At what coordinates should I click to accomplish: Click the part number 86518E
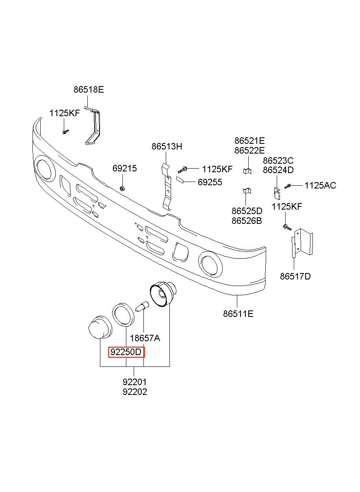click(x=89, y=90)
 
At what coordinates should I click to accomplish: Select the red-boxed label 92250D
click(x=126, y=352)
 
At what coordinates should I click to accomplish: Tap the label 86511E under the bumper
click(x=238, y=313)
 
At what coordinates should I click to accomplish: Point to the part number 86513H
click(x=167, y=147)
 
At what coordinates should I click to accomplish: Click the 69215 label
click(x=125, y=169)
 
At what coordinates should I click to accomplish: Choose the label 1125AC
click(x=320, y=186)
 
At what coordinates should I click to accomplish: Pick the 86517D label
click(x=295, y=277)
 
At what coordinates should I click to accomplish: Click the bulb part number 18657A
click(x=145, y=338)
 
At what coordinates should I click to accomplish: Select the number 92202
click(x=134, y=392)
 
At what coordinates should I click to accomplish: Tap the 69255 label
click(x=210, y=182)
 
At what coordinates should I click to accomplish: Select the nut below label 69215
click(x=122, y=188)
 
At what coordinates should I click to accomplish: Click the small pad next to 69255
click(x=181, y=180)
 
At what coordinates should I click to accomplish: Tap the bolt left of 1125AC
click(x=288, y=186)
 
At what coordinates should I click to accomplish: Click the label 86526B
click(x=247, y=221)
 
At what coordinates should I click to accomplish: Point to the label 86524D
click(x=278, y=170)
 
